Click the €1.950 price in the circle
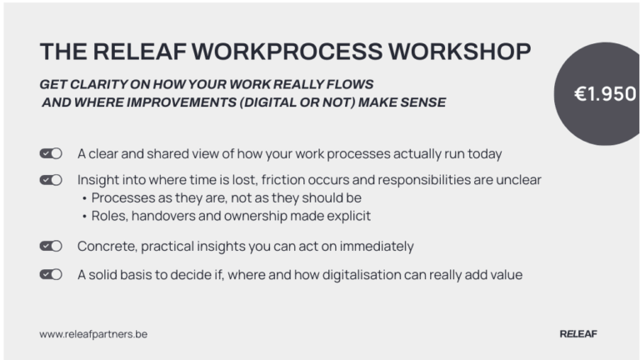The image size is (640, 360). point(605,94)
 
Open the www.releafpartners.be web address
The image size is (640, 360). point(93,333)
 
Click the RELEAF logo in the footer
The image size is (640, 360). point(578,333)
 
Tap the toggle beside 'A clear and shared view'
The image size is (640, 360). point(51,153)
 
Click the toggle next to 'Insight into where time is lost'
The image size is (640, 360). point(51,179)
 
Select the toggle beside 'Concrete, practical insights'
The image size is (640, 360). point(51,246)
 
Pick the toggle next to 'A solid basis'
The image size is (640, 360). point(51,273)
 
